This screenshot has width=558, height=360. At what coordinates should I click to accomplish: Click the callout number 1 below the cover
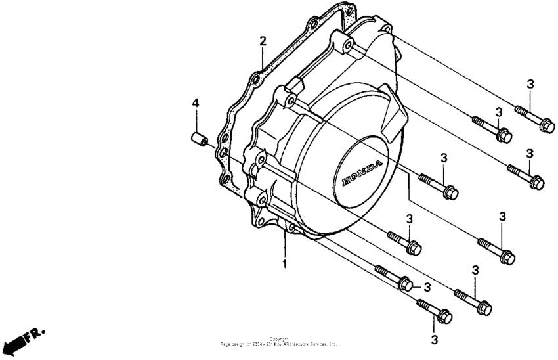tap(285, 264)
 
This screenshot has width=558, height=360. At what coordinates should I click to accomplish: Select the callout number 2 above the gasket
tap(263, 41)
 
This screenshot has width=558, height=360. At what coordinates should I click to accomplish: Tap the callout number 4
tap(195, 103)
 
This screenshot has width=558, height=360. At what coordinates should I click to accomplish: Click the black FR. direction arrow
tap(12, 346)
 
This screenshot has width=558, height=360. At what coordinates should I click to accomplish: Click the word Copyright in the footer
tap(278, 339)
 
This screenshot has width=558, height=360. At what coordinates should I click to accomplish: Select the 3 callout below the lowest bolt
tap(434, 340)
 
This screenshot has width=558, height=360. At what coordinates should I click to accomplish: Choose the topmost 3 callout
tap(530, 83)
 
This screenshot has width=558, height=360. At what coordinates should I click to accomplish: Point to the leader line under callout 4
tap(195, 120)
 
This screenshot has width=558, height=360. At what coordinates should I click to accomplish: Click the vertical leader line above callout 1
tap(285, 243)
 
